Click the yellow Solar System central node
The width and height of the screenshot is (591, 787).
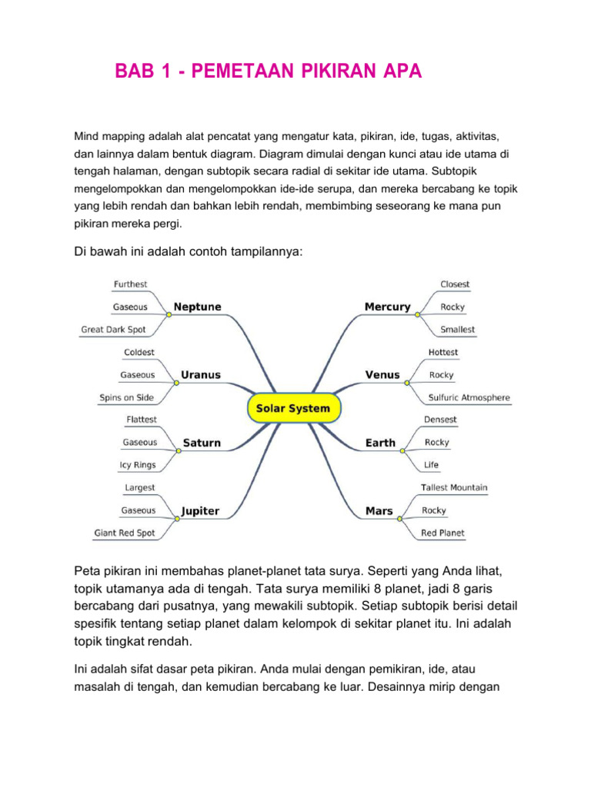tap(293, 408)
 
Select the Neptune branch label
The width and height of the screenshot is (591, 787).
tap(198, 307)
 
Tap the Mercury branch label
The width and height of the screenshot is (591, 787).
tap(387, 307)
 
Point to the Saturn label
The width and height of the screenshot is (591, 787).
tap(202, 443)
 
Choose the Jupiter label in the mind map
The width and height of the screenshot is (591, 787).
tap(200, 510)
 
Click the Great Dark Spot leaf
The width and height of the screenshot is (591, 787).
tap(113, 330)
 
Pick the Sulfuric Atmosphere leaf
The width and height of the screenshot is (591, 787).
tap(469, 397)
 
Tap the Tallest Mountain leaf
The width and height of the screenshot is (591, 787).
tap(454, 487)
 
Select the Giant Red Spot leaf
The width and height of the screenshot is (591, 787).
tap(125, 533)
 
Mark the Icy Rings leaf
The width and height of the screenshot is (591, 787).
tap(138, 465)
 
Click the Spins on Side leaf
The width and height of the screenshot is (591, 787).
tap(126, 397)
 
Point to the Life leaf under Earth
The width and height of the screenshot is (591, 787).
tap(432, 465)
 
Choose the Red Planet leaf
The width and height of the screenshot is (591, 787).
tap(442, 533)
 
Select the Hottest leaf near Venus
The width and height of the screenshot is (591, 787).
tap(442, 352)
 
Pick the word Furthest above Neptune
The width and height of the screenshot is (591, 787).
tap(130, 284)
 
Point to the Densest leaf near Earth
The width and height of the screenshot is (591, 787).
tap(440, 420)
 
